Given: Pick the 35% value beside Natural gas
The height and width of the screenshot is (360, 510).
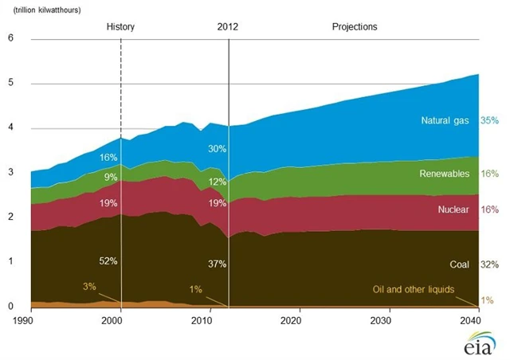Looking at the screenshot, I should [490, 121].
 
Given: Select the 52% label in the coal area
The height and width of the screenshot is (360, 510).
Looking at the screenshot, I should [109, 260].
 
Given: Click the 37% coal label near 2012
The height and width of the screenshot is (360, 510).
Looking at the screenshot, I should [218, 264].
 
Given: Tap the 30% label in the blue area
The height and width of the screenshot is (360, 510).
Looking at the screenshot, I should [218, 149].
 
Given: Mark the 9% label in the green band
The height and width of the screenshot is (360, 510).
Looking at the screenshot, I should [112, 178].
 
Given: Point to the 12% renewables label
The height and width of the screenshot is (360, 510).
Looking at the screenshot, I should [218, 182].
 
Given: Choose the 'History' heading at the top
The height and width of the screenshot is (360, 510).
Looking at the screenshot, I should [121, 27].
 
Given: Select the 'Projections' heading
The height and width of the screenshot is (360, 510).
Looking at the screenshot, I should [355, 27].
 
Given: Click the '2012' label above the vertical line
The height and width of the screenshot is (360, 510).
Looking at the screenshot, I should [228, 27].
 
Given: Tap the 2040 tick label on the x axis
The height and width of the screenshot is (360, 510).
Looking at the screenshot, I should [471, 320].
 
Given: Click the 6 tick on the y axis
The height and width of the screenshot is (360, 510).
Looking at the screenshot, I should [10, 39].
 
